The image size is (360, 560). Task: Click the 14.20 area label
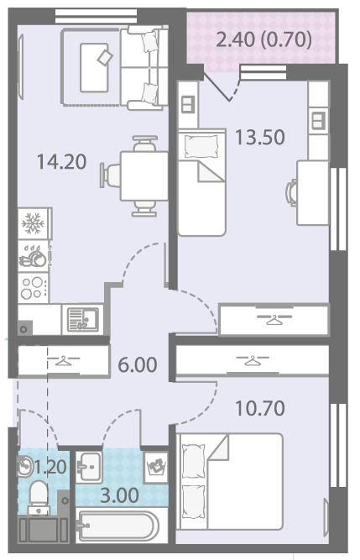click(62, 161)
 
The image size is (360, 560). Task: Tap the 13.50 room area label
click(260, 137)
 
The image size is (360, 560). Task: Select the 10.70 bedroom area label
click(260, 408)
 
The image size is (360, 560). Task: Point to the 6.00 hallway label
click(138, 364)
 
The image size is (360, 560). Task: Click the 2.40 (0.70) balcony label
click(264, 39)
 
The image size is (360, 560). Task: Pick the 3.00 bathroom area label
click(119, 495)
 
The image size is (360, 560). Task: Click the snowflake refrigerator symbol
click(33, 223)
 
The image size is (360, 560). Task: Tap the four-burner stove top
click(34, 288)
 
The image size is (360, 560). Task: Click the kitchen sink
click(83, 320)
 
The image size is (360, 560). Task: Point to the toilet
click(38, 497)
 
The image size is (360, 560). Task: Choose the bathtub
click(117, 526)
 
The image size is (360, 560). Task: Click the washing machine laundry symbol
click(156, 467)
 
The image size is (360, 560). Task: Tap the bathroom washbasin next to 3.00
click(89, 467)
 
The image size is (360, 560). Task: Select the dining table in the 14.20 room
click(143, 175)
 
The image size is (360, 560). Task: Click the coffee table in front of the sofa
click(94, 67)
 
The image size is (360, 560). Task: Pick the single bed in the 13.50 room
click(201, 182)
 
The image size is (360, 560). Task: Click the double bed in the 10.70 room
click(230, 481)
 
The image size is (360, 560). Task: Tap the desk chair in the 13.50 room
click(291, 192)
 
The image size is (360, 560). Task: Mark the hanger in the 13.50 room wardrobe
click(274, 319)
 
